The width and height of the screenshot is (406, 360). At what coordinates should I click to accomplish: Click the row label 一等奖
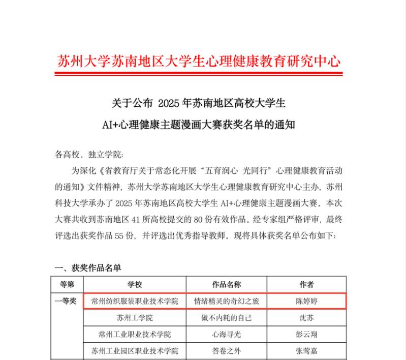tap(66, 301)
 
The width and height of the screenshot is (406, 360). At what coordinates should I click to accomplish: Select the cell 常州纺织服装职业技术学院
tap(135, 301)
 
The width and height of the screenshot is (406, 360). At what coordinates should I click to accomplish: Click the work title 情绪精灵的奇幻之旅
tap(226, 301)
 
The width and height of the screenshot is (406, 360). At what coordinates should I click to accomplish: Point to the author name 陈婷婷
tap(307, 301)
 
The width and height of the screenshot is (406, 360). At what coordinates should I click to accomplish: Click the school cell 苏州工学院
tap(135, 318)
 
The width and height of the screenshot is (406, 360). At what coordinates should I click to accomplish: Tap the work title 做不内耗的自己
tap(226, 318)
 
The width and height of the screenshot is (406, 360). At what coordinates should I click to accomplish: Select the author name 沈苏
tap(307, 318)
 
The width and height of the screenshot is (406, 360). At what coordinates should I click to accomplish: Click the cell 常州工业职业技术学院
tap(135, 335)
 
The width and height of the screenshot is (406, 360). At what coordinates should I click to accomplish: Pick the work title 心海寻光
tap(226, 335)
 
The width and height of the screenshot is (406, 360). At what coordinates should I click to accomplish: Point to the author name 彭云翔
tap(307, 335)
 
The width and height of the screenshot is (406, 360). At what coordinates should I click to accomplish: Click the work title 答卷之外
tap(226, 351)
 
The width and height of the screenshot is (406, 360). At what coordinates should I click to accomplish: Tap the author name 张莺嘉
tap(307, 351)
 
